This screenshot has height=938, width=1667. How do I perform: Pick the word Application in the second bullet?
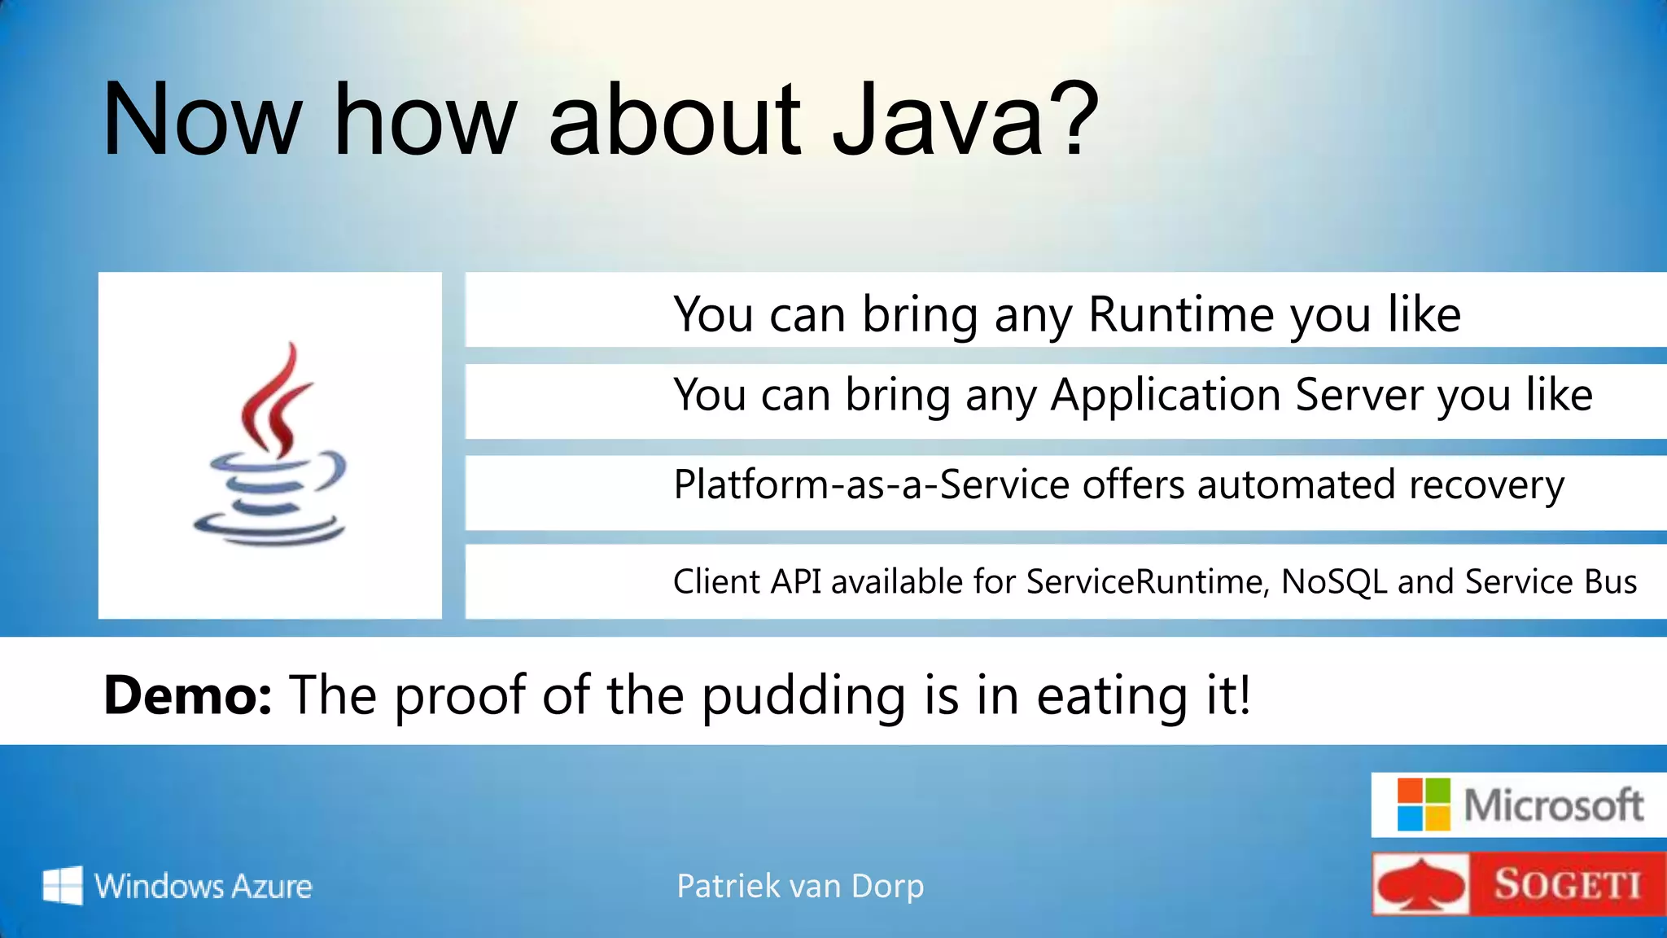point(1165,396)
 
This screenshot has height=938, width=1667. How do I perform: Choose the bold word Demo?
point(187,696)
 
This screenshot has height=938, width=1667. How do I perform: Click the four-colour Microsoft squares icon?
point(1423,804)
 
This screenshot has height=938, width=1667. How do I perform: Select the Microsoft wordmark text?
point(1553,805)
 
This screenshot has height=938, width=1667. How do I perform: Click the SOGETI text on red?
point(1567,885)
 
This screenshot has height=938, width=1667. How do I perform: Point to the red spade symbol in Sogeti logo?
point(1421,885)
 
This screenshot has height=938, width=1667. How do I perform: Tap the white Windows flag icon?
point(63,885)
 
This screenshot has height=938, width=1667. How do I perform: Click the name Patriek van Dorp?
point(800,886)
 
